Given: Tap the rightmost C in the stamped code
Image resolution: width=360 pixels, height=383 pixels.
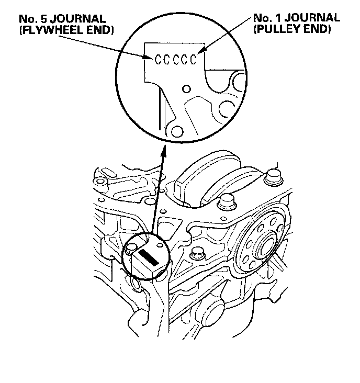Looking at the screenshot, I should click(194, 59).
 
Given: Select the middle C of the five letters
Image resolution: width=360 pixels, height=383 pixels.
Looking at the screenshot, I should click(176, 59).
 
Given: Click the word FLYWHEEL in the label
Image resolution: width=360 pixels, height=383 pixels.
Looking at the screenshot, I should click(47, 30).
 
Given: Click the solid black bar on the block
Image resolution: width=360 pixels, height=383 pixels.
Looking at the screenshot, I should click(149, 257).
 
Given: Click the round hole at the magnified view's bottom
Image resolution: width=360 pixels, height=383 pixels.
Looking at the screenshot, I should click(178, 130).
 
